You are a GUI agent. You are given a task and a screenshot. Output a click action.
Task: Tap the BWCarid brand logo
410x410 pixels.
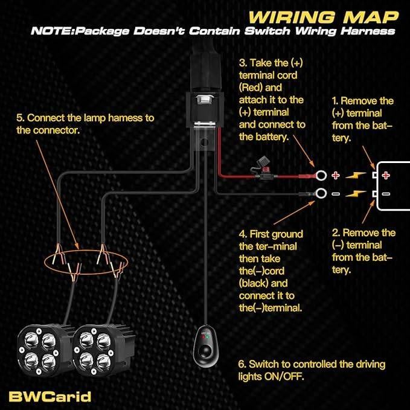50,396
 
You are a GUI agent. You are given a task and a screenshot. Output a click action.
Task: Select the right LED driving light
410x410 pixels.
97,350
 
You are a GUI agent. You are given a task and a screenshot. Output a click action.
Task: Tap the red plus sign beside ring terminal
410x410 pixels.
336,175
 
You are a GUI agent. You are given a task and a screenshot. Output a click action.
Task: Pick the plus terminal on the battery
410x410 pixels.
384,175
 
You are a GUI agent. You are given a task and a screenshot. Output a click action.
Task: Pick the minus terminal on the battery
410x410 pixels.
384,193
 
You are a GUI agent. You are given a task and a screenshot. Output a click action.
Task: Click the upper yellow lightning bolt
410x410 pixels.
359,175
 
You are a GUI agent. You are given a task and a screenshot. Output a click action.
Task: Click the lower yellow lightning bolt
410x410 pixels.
359,193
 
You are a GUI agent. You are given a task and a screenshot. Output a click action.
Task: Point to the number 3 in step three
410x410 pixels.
242,62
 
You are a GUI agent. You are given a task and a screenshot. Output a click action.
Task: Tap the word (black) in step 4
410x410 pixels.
255,283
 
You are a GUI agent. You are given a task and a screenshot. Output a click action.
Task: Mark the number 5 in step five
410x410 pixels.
19,117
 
